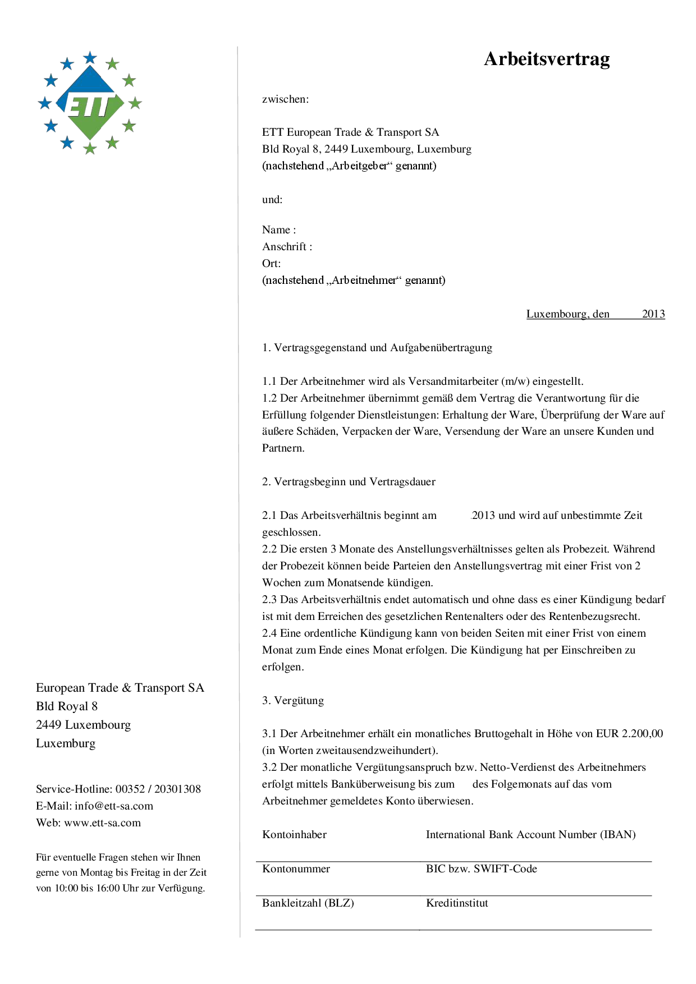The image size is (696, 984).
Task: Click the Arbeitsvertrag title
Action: click(x=547, y=59)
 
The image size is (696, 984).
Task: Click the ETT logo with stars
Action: click(x=90, y=103)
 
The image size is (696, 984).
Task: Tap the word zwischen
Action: click(x=285, y=99)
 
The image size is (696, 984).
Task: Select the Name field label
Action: click(x=278, y=230)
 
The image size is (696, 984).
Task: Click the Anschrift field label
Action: click(x=287, y=247)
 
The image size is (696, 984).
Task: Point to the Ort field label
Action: click(x=271, y=264)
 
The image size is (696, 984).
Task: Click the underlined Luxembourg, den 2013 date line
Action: click(x=595, y=314)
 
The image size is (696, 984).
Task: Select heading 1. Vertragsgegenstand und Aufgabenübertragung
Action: click(x=377, y=348)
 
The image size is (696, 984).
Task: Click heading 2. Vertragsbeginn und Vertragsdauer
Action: click(x=349, y=482)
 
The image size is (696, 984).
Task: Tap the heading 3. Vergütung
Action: click(x=293, y=701)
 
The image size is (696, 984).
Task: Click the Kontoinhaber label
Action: click(x=294, y=835)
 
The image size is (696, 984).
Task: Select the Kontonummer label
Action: click(x=296, y=869)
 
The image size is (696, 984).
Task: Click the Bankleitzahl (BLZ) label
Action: click(x=308, y=903)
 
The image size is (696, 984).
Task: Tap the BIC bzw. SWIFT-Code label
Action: click(x=481, y=869)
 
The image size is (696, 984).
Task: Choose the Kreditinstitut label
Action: click(x=457, y=903)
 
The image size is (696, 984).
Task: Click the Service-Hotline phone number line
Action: click(x=118, y=789)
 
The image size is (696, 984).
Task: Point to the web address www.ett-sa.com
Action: click(x=102, y=823)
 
